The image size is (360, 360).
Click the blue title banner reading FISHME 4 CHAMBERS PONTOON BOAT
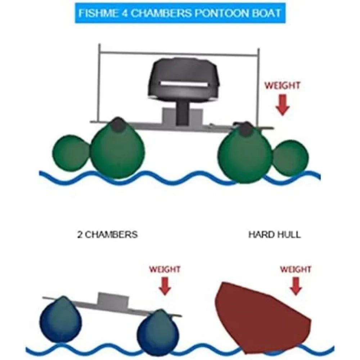[180, 13]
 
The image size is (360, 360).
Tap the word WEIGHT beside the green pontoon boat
[282, 86]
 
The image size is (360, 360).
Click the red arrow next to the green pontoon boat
[282, 105]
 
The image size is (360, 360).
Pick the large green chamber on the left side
[118, 149]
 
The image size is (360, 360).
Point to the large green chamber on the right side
[245, 153]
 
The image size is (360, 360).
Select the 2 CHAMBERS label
[107, 235]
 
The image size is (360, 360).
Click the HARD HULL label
[275, 235]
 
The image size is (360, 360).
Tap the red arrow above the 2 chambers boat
[165, 286]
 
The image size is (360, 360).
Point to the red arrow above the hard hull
[296, 286]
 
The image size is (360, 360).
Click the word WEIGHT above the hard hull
[296, 269]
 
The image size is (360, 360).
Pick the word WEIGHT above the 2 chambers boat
[165, 269]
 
